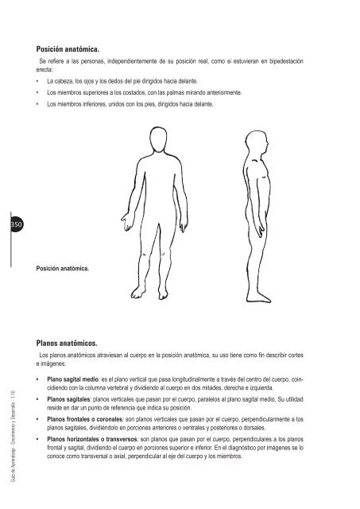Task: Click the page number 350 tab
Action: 16,227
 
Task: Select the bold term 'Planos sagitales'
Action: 70,402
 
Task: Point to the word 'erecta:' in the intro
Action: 38,69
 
